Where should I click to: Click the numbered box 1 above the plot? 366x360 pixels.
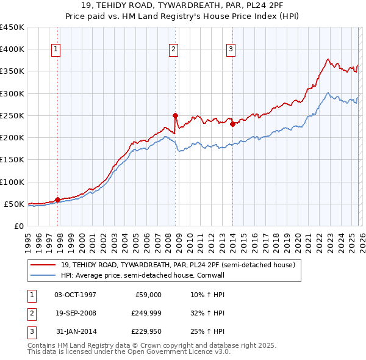coord(56,49)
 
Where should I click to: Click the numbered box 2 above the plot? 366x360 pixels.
coord(173,49)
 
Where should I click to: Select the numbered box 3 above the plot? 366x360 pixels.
coord(231,49)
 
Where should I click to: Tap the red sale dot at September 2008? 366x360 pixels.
coord(175,115)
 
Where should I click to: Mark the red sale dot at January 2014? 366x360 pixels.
coord(232,124)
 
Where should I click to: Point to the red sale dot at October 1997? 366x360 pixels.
coord(57,200)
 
